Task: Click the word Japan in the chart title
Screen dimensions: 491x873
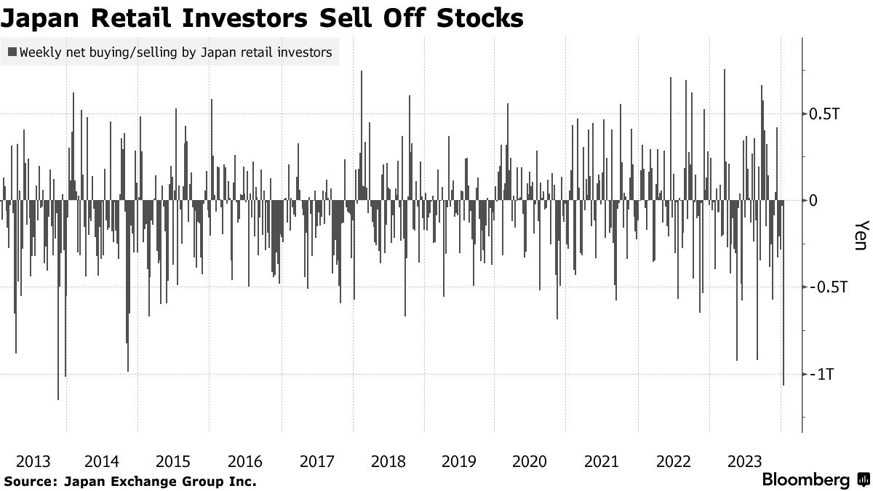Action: coord(43,18)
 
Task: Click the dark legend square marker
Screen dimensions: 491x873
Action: coord(12,52)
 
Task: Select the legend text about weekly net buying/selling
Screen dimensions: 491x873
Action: coord(176,52)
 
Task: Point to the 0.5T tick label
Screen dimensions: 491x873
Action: coord(824,114)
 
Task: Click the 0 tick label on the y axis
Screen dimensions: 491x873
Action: coord(814,200)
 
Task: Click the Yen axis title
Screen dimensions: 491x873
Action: coord(861,236)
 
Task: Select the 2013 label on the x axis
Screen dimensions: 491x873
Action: coord(32,461)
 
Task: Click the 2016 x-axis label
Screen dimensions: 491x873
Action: coord(244,461)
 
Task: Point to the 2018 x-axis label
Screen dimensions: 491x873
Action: coord(387,461)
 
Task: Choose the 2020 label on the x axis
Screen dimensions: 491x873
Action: coord(530,461)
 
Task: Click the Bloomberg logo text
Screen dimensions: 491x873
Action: coord(805,480)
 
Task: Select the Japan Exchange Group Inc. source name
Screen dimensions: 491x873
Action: coord(160,481)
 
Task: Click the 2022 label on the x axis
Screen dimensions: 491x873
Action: coord(672,461)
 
